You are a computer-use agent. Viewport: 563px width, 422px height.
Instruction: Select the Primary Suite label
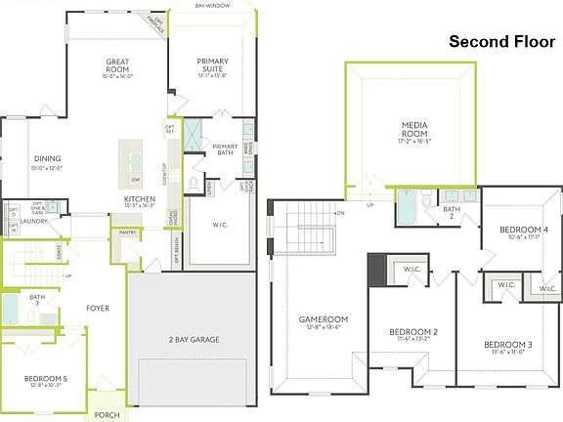212,66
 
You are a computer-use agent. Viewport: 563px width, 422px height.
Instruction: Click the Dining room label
48,158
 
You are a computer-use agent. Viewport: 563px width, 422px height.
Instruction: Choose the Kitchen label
140,199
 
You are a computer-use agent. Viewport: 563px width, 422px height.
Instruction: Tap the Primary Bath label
226,149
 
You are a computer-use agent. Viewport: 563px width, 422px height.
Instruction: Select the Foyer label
97,309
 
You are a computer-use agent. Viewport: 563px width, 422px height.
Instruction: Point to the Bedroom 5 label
46,379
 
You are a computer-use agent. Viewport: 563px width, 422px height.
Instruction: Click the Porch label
108,413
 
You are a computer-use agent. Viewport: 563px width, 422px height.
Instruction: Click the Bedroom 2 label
413,333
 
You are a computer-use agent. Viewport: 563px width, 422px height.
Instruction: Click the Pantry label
128,232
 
